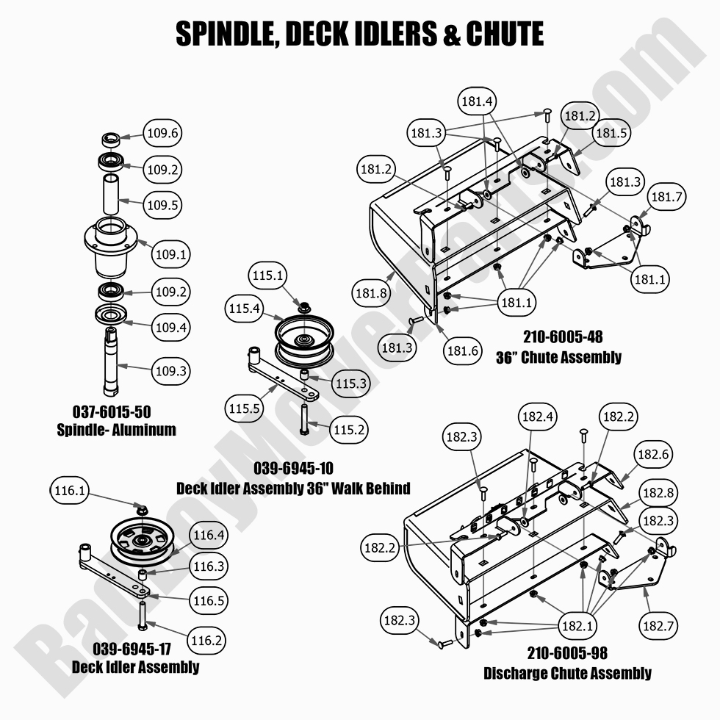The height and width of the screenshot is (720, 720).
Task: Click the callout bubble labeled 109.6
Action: pyautogui.click(x=162, y=134)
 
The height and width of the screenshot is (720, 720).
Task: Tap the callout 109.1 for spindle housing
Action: pyautogui.click(x=170, y=255)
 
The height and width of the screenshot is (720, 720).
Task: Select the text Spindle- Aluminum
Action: pyautogui.click(x=116, y=430)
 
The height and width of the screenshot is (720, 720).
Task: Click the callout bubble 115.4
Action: pyautogui.click(x=245, y=310)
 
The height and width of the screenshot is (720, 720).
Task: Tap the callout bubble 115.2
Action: pyautogui.click(x=349, y=429)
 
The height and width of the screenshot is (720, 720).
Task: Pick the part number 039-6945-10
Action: pyautogui.click(x=294, y=469)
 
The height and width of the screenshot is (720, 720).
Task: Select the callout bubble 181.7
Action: pyautogui.click(x=667, y=197)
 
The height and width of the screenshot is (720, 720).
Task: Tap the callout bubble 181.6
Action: pyautogui.click(x=463, y=350)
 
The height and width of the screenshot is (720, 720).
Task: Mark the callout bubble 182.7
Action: pyautogui.click(x=659, y=626)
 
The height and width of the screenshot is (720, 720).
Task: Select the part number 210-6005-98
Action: pyautogui.click(x=567, y=652)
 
